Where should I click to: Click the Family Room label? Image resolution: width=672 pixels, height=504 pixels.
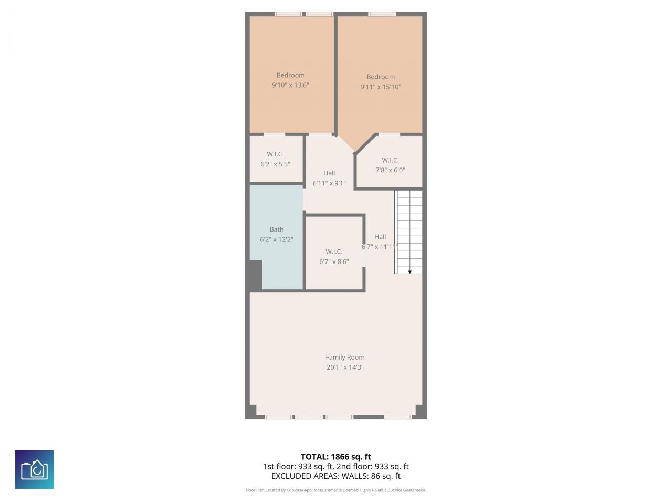[x=345, y=357]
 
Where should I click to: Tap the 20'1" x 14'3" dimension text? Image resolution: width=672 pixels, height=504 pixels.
[x=345, y=367]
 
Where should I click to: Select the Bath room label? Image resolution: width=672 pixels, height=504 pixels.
[x=277, y=229]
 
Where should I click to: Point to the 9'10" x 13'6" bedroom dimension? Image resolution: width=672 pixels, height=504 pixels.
[x=290, y=85]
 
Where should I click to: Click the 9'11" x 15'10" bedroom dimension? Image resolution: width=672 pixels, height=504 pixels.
[x=381, y=87]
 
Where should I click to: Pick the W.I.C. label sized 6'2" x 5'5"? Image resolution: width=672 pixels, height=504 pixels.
[x=275, y=154]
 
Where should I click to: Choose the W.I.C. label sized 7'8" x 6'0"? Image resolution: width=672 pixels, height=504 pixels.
[x=390, y=160]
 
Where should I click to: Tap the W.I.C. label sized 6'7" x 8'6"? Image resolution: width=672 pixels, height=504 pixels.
[x=334, y=251]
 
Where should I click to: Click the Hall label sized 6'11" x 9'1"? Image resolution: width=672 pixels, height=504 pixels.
[x=329, y=173]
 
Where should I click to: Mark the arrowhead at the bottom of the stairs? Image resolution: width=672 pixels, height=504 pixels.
[x=410, y=271]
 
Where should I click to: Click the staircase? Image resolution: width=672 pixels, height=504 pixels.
[x=409, y=231]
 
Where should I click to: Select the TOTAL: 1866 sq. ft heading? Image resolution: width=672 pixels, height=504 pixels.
[x=335, y=457]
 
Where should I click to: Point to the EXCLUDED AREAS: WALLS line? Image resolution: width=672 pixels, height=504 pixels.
[x=335, y=476]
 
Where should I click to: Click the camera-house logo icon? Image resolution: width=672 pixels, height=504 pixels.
[x=35, y=469]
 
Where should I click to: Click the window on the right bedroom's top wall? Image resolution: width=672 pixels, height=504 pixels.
[x=382, y=14]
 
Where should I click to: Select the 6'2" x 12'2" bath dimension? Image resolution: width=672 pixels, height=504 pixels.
[x=277, y=239]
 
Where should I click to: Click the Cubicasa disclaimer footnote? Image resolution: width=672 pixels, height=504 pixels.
[x=335, y=490]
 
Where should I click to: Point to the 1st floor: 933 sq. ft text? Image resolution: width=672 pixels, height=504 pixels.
[x=298, y=466]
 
